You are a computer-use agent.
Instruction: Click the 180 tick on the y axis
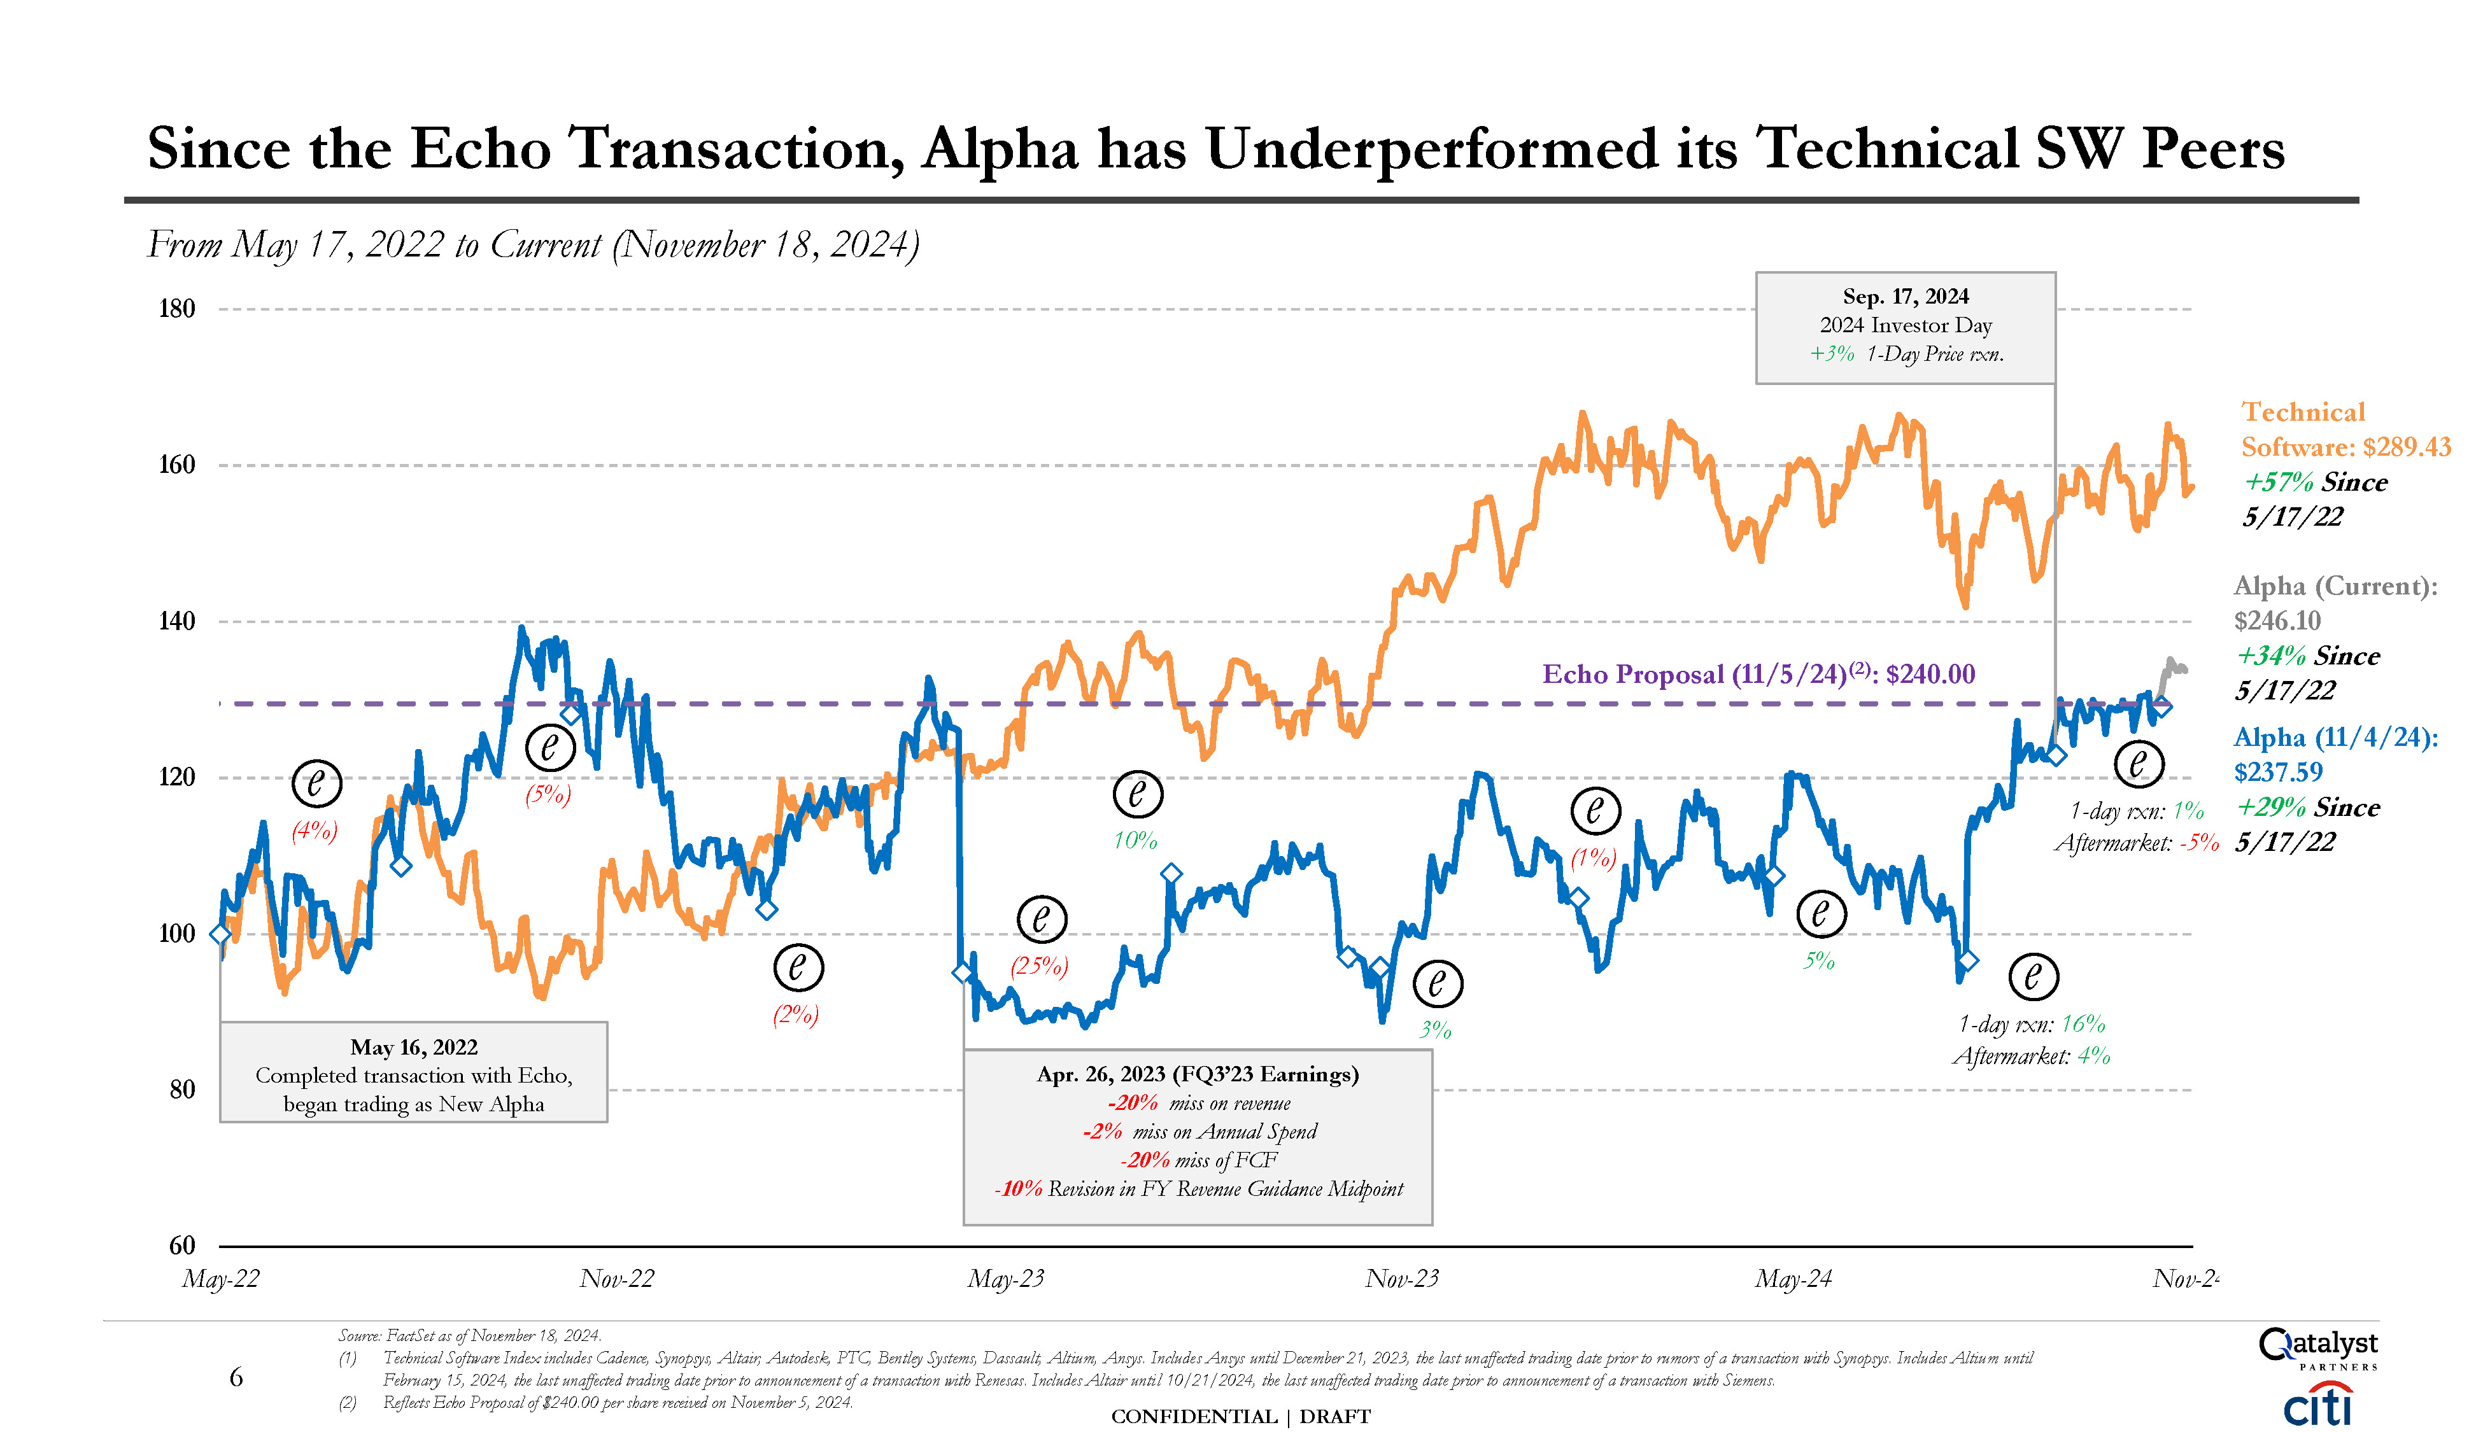coord(177,309)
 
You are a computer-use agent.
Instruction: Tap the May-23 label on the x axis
coord(1005,1279)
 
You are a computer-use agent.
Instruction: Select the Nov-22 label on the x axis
coord(616,1279)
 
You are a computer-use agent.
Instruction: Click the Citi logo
coord(2317,1405)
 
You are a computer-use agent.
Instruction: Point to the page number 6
coord(236,1377)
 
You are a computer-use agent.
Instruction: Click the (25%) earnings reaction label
coord(1039,966)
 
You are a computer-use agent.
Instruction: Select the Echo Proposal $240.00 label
coord(1758,675)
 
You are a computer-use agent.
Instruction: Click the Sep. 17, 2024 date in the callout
coord(1906,296)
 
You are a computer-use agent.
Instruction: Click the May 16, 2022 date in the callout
coord(413,1048)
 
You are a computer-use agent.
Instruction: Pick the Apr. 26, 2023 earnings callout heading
coord(1197,1074)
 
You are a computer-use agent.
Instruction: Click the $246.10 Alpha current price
coord(2277,621)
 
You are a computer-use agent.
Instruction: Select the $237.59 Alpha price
coord(2277,772)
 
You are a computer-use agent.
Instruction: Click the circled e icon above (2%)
coord(798,968)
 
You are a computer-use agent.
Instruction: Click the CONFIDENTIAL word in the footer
coord(1193,1416)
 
